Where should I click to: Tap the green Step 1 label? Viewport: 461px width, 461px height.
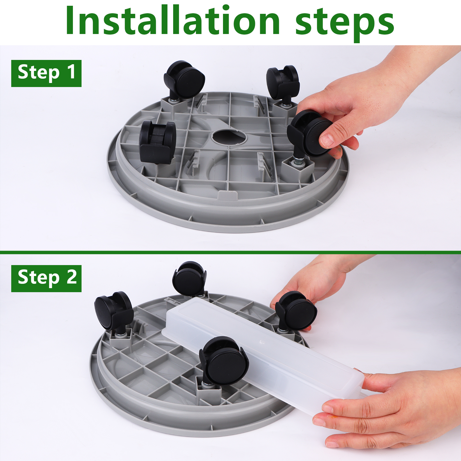click(x=46, y=73)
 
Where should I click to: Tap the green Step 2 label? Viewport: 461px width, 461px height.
click(x=46, y=278)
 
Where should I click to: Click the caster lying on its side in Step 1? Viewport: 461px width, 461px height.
click(x=158, y=142)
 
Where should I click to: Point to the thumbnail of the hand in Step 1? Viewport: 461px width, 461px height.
click(x=327, y=140)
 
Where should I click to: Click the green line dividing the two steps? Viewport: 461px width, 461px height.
click(x=231, y=252)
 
